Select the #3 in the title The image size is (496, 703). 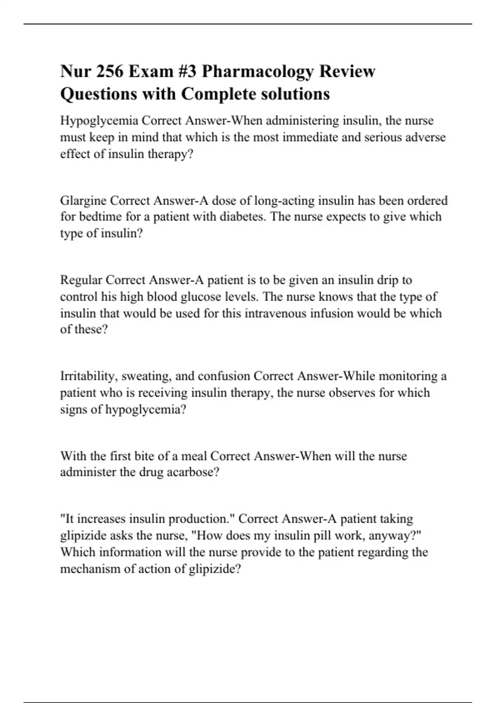185,71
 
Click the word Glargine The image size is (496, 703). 83,201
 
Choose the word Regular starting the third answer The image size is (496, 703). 81,280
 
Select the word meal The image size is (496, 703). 194,456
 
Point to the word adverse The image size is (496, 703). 426,137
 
